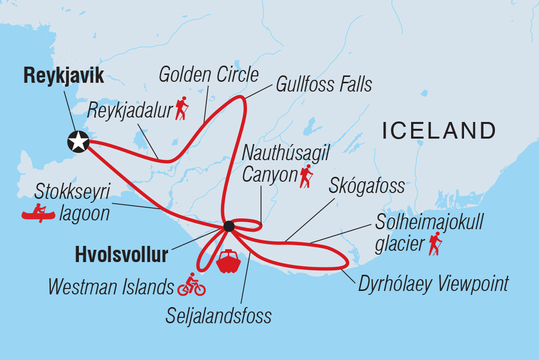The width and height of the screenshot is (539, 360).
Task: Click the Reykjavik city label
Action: [x=64, y=76]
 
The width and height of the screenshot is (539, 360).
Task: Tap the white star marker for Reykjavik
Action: [x=77, y=142]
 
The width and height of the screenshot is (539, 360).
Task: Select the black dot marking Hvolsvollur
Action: [x=228, y=226]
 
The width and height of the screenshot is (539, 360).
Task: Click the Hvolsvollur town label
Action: [x=121, y=255]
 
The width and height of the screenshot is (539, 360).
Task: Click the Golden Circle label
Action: [x=209, y=75]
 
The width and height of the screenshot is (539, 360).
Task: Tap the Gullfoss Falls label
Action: [x=324, y=84]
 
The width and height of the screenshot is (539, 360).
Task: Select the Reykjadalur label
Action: [x=130, y=111]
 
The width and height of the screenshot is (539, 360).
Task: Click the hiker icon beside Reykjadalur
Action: [x=182, y=109]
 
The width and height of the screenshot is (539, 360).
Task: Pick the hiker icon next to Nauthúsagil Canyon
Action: [x=307, y=177]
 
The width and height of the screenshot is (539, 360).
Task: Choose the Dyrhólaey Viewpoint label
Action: [x=434, y=283]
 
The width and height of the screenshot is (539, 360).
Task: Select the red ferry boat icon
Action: [x=228, y=262]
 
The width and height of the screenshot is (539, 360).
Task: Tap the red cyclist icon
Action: [x=191, y=285]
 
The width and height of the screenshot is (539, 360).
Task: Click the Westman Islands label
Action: [x=111, y=287]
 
